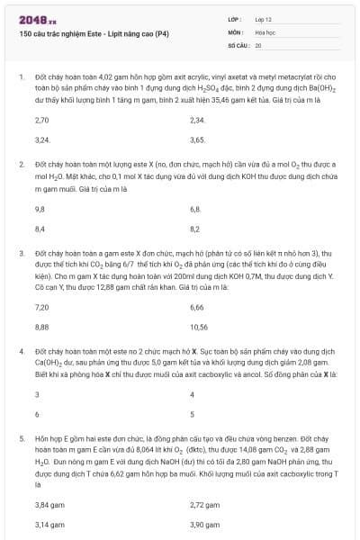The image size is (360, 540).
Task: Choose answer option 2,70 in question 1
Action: [x=41, y=120]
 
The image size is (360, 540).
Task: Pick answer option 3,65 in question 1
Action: [x=198, y=139]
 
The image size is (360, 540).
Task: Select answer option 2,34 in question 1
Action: [x=198, y=120]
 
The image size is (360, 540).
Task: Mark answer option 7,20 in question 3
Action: [x=41, y=307]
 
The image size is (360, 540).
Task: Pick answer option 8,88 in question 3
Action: [x=41, y=327]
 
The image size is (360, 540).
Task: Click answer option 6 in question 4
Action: [x=37, y=415]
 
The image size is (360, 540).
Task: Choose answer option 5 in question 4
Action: [x=193, y=415]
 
